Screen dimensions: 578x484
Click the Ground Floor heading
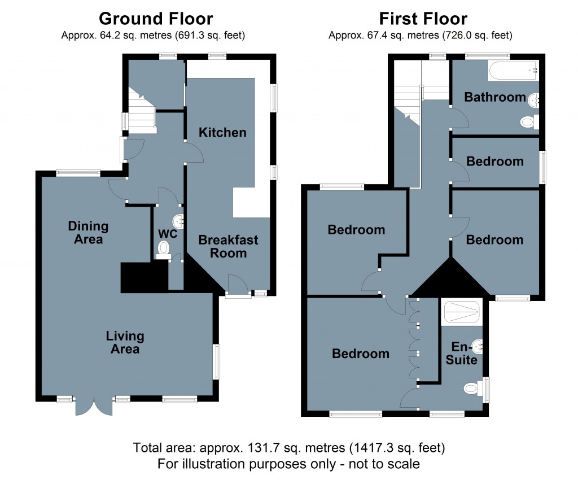point(156,19)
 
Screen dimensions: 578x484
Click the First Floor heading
point(423,19)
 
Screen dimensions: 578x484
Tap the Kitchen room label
point(222,132)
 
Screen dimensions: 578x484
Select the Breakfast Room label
point(228,246)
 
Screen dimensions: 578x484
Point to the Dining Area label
point(88,233)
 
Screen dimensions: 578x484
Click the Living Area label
point(125,342)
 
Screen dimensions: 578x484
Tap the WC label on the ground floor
point(168,233)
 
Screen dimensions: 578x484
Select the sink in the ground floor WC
point(179,221)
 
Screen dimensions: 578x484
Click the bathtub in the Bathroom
point(513,71)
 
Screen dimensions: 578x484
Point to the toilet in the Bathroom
point(529,122)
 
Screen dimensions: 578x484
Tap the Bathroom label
point(494,97)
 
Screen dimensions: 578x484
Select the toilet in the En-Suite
point(474,388)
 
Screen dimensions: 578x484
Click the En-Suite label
point(462,353)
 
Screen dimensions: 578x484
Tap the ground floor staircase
point(142,110)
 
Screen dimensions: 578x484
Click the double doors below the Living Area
point(94,407)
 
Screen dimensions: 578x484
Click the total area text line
point(289,448)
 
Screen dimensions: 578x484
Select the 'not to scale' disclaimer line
point(288,464)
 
